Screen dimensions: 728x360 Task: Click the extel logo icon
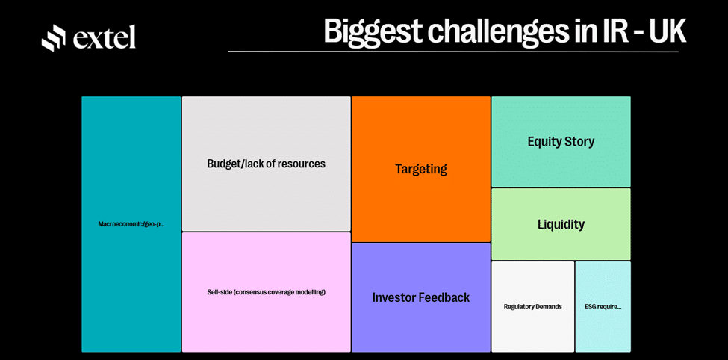point(54,37)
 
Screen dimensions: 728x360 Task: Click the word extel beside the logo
point(105,37)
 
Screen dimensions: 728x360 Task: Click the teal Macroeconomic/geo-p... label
point(131,224)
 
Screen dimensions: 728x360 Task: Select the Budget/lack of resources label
point(266,164)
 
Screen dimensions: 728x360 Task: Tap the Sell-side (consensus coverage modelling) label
point(266,292)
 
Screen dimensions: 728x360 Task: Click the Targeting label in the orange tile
point(421,169)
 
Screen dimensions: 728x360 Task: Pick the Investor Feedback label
point(421,297)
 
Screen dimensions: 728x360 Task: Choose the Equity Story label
point(561,142)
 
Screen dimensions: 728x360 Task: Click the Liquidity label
point(561,224)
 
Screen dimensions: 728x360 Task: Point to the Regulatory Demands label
point(533,307)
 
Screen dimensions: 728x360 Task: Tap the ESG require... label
point(603,307)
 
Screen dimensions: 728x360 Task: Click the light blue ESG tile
point(603,306)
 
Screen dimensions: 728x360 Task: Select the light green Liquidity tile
point(561,224)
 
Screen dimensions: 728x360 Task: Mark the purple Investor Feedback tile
point(421,297)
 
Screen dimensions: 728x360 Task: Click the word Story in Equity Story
point(579,142)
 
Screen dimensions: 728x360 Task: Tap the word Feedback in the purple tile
point(444,297)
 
